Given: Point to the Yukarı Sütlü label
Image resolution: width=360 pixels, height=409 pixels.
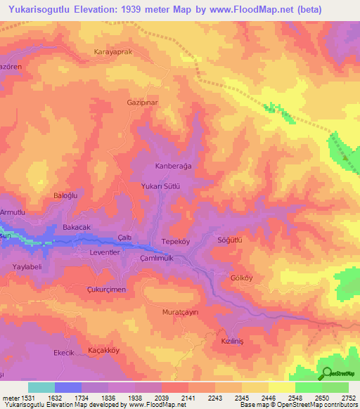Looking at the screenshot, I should [x=162, y=187].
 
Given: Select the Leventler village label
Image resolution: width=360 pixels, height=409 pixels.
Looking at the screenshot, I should [x=107, y=251].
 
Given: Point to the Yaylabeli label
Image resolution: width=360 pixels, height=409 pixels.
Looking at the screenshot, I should [x=29, y=266].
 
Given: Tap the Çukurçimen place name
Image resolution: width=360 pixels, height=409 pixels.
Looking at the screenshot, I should [x=106, y=290].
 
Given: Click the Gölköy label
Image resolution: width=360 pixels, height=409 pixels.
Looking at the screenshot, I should [x=241, y=277].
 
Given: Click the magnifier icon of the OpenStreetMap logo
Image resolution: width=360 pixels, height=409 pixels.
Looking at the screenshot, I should [x=327, y=374].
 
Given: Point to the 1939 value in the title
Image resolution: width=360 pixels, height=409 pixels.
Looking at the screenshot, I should [x=150, y=9].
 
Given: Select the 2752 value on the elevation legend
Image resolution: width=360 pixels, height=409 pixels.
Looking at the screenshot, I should [x=348, y=397].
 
